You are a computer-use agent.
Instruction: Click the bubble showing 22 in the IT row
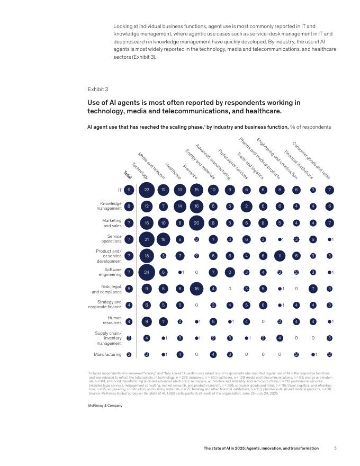point(147,190)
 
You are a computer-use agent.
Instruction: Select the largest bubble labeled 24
point(147,272)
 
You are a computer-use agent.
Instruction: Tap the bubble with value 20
point(197,223)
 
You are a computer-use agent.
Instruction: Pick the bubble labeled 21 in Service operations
point(147,239)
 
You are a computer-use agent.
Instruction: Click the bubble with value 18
point(147,256)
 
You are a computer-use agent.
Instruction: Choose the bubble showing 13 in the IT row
point(180,190)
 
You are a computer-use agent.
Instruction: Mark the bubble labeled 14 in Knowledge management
point(180,207)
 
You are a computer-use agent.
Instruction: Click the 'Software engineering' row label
point(110,272)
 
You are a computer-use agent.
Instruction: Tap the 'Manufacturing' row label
point(107,354)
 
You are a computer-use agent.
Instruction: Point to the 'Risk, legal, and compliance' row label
point(107,289)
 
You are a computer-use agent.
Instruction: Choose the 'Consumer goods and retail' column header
point(311,160)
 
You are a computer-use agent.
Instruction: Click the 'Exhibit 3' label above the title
point(97,89)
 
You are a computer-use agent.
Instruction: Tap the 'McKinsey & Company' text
point(105,405)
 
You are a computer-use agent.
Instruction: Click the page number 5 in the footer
point(335,448)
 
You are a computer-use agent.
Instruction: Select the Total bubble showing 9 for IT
point(129,190)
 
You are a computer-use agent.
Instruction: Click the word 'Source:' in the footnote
point(94,394)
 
